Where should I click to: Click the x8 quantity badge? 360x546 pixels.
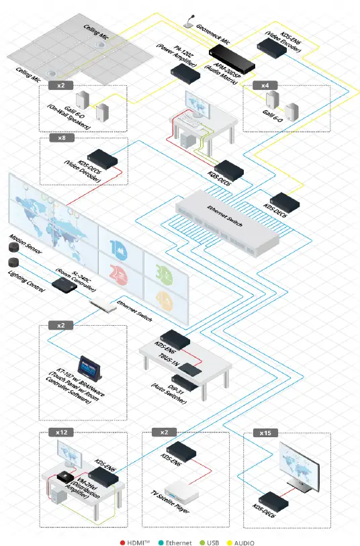61,139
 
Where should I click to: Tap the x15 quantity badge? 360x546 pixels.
263,433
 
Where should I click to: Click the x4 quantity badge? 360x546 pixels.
264,86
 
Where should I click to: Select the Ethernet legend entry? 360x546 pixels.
176,542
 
